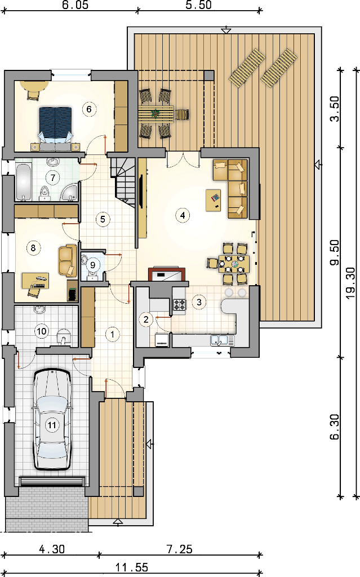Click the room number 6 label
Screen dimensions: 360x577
pyautogui.click(x=89, y=109)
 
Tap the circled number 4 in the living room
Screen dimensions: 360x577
pyautogui.click(x=183, y=215)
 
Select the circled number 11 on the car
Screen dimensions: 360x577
pyautogui.click(x=52, y=425)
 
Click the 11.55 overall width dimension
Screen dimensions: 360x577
pyautogui.click(x=132, y=567)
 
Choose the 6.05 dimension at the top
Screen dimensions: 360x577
pyautogui.click(x=75, y=5)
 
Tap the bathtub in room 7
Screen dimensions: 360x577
pyautogui.click(x=23, y=182)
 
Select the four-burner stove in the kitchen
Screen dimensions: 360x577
pyautogui.click(x=180, y=304)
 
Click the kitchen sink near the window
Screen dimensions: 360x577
pyautogui.click(x=223, y=340)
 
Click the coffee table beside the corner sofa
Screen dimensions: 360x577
pyautogui.click(x=214, y=200)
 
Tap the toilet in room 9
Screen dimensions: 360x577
pyautogui.click(x=92, y=275)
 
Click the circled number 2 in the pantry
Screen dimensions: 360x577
pyautogui.click(x=146, y=319)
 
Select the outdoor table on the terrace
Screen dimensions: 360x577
pyautogui.click(x=156, y=114)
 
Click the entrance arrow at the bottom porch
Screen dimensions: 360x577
pyautogui.click(x=117, y=521)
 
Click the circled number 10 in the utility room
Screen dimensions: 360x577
pyautogui.click(x=41, y=331)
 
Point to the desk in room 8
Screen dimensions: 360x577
pyautogui.click(x=35, y=281)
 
